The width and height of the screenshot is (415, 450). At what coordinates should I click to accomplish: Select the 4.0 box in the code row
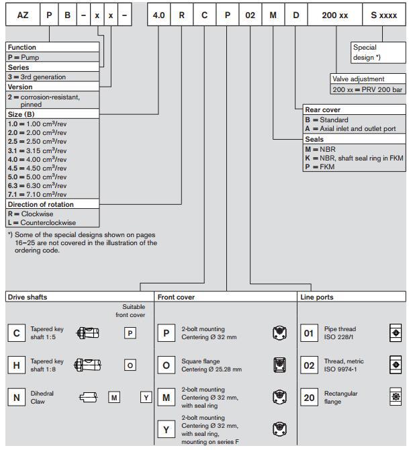tap(159, 14)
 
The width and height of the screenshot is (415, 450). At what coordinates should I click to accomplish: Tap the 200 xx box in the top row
tap(334, 14)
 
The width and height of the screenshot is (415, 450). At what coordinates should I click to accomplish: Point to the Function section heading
tap(21, 48)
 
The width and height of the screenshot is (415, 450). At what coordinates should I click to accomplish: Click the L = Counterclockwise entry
tap(42, 222)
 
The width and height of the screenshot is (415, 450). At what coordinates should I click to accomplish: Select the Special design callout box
tap(378, 52)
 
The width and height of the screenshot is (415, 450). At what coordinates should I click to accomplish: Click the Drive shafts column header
tap(28, 297)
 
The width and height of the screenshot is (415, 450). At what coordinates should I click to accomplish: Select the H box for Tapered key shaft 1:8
tap(17, 365)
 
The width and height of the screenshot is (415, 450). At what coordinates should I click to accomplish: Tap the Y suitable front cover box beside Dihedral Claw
tap(146, 398)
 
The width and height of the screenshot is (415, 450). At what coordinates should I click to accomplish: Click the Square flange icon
tap(280, 365)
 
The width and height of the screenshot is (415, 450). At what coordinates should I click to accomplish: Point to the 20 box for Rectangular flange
tap(309, 398)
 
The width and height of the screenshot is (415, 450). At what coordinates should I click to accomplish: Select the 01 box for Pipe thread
tap(309, 333)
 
